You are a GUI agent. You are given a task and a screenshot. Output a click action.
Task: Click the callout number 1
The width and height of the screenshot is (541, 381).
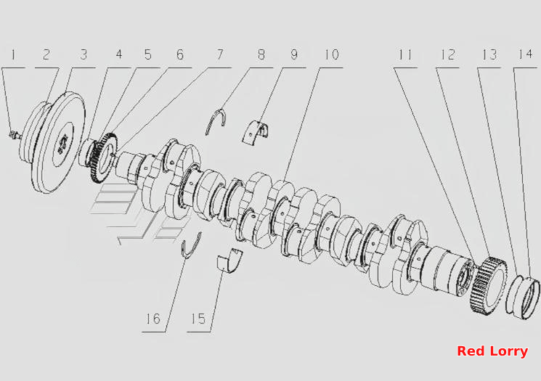[14, 55]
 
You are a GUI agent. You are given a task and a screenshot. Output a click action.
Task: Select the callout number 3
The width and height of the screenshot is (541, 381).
[84, 55]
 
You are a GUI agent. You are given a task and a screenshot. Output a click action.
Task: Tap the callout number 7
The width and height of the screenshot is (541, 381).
[220, 55]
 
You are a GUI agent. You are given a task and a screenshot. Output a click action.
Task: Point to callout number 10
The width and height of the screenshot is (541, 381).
[332, 55]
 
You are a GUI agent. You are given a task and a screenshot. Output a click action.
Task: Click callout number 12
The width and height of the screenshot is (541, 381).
[448, 55]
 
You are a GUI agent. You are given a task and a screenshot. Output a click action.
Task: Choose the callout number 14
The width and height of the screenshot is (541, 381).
[525, 55]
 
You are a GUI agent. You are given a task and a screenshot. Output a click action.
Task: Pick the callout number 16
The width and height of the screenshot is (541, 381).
[152, 319]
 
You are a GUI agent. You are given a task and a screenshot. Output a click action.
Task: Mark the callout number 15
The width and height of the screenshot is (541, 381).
[198, 319]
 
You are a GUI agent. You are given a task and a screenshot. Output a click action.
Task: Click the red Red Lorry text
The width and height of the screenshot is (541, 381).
[492, 351]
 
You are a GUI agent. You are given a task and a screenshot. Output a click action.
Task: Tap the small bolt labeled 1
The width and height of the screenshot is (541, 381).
[15, 134]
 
